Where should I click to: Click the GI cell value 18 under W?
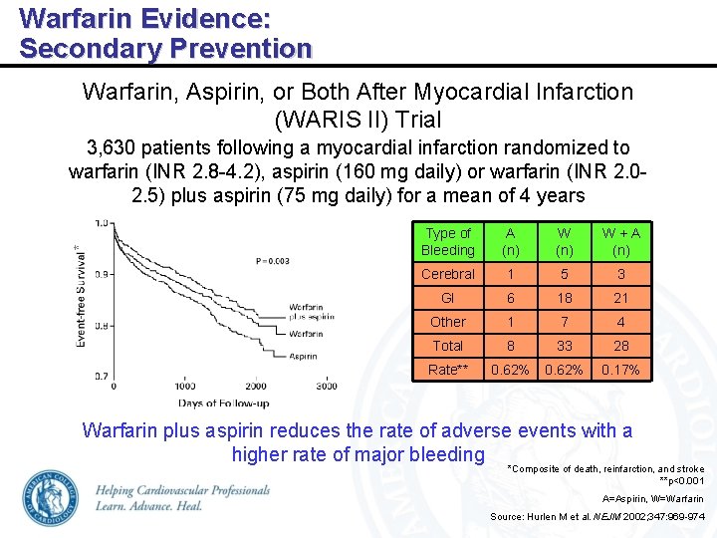(564, 298)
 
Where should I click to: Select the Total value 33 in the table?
(564, 346)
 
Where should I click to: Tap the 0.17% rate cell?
(620, 370)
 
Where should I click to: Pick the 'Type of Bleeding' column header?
(447, 242)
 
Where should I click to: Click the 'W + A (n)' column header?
(620, 242)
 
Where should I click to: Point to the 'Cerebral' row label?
(447, 274)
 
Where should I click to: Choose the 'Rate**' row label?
(447, 370)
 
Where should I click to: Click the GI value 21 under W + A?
(620, 298)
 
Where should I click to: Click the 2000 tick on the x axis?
(257, 386)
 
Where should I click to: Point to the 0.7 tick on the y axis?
(102, 377)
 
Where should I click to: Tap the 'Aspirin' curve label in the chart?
(304, 356)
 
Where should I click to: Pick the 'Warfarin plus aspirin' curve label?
(312, 313)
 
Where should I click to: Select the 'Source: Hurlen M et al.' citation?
(597, 516)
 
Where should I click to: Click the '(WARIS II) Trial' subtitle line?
(358, 120)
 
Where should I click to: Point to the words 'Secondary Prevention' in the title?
(165, 47)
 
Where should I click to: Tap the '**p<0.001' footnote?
(681, 480)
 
